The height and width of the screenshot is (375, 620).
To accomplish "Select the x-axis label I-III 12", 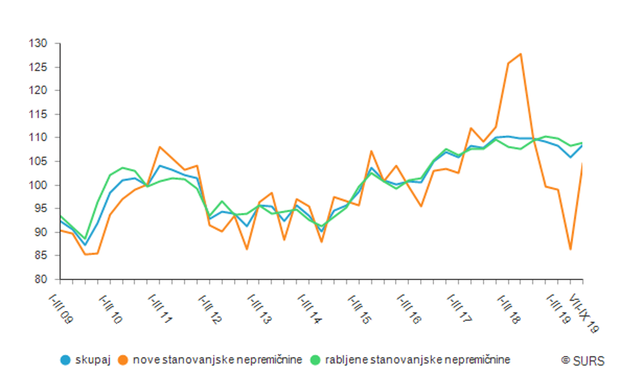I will click(x=210, y=308).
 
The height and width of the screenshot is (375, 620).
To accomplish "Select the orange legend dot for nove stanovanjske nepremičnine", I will click(x=123, y=360).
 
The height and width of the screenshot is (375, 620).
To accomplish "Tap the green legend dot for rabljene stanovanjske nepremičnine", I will click(x=316, y=360).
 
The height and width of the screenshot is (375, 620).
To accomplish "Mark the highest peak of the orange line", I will click(x=521, y=54).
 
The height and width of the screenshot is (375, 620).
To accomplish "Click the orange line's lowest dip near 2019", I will click(x=571, y=249).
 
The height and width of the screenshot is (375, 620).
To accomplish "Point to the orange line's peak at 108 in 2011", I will click(x=160, y=147).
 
